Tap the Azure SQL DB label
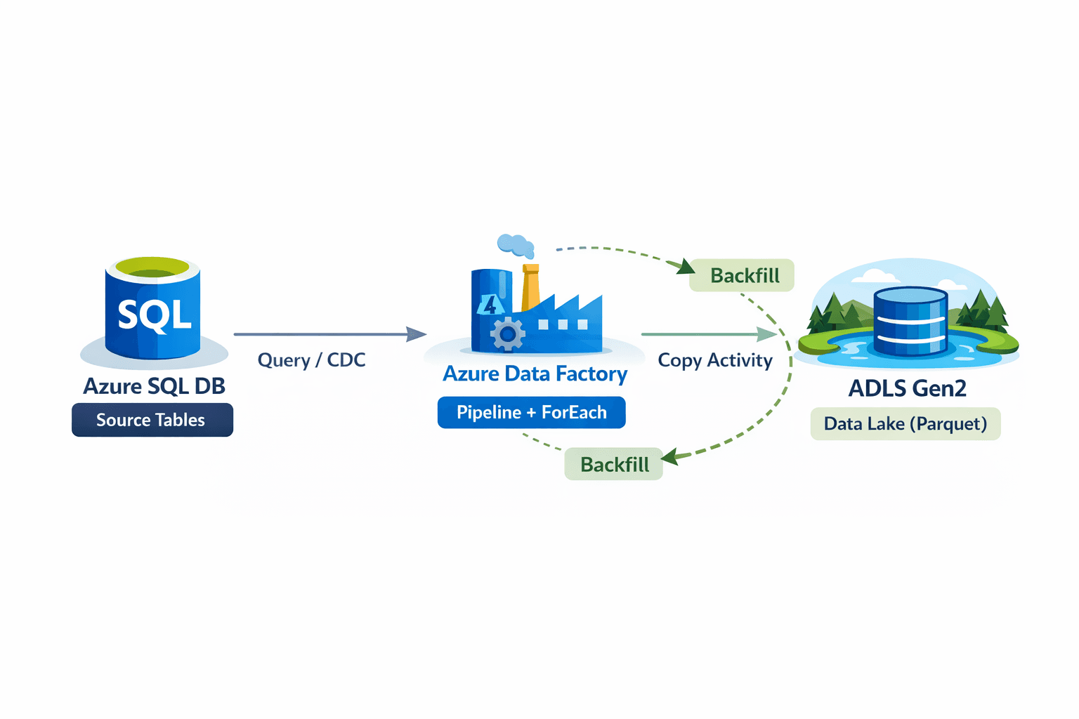[x=154, y=386]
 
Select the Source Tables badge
[x=152, y=420]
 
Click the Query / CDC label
[x=311, y=360]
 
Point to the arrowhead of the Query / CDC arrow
[x=417, y=334]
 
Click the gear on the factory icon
[x=507, y=334]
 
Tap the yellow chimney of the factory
[x=530, y=288]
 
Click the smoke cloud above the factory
[x=516, y=245]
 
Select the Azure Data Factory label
[x=535, y=374]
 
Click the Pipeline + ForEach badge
[x=531, y=412]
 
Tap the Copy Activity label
[x=714, y=360]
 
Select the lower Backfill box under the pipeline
[x=613, y=464]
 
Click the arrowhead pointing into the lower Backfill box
[x=669, y=457]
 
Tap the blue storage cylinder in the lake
[x=910, y=322]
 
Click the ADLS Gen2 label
[x=907, y=388]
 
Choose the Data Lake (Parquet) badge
[x=905, y=424]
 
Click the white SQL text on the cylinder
[x=154, y=315]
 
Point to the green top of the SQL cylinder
[x=152, y=268]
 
